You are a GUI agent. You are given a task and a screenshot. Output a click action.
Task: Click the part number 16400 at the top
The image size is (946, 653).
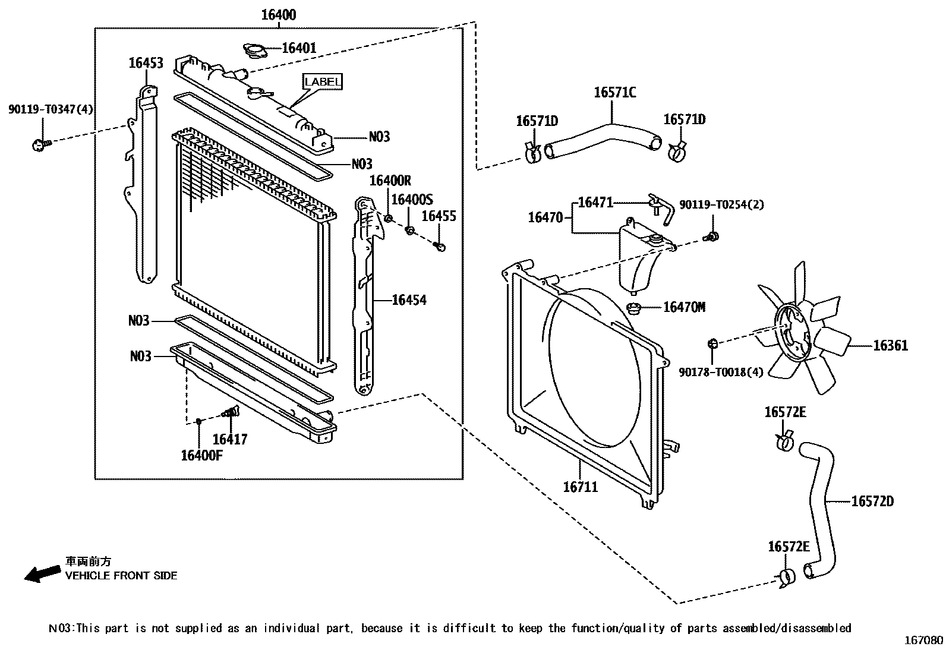279,15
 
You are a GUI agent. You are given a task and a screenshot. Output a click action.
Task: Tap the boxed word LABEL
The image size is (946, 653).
322,81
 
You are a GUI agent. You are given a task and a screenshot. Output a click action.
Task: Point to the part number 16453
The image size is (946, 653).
146,63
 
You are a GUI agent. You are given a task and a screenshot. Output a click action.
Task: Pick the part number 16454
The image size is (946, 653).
409,300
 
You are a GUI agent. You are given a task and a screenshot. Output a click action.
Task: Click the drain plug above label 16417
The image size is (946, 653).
231,411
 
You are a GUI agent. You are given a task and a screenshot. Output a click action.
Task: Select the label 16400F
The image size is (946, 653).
201,456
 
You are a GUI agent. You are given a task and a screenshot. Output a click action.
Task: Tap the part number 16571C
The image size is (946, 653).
615,93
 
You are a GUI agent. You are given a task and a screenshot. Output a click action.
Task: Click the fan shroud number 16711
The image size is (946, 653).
581,487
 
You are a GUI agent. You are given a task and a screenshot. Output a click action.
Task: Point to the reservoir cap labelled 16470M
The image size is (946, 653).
633,308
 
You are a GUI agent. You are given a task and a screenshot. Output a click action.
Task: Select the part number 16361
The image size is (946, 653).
890,345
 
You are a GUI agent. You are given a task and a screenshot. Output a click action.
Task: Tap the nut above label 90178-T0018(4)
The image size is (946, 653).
712,343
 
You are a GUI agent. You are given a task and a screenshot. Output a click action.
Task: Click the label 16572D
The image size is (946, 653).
872,501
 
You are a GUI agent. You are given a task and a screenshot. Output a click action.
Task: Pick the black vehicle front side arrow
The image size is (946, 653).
42,573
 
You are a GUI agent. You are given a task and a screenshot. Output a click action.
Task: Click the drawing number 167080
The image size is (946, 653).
923,641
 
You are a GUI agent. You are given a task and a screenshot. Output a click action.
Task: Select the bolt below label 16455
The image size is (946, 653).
439,246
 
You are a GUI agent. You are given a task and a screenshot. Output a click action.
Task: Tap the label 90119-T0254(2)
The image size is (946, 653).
721,205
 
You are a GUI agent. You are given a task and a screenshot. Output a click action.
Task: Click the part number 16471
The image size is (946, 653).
595,203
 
